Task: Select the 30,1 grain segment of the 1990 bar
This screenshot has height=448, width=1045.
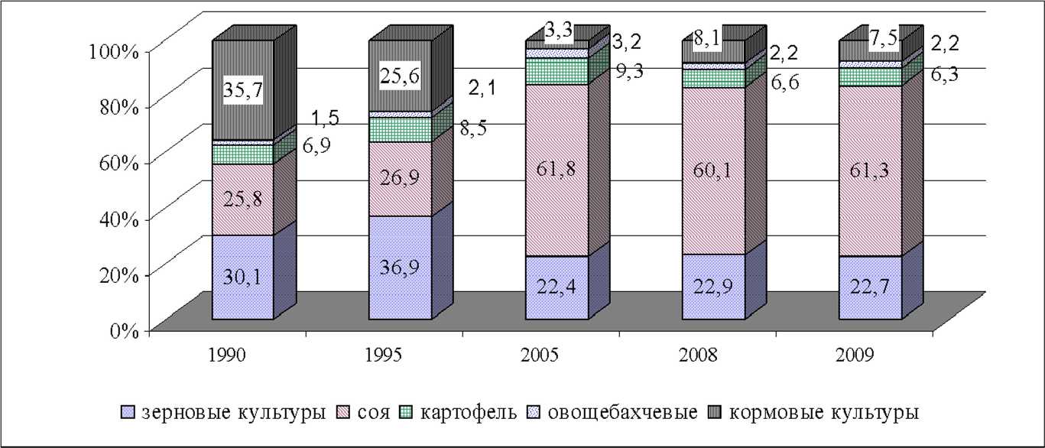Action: [x=242, y=278]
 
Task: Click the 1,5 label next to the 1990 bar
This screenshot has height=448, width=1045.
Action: [x=325, y=118]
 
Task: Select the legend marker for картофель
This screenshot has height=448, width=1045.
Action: [x=409, y=414]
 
